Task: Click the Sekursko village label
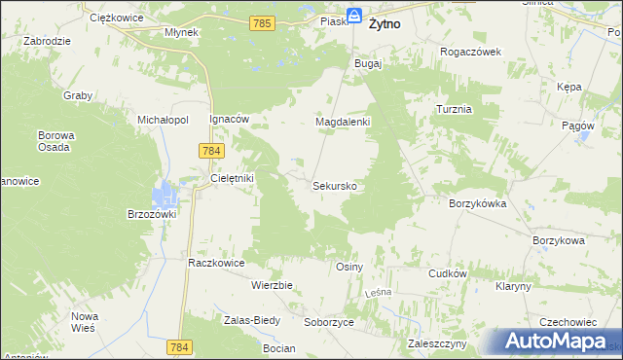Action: point(340,185)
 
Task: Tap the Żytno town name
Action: point(387,27)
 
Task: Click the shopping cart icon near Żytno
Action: point(356,16)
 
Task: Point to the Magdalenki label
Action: point(342,123)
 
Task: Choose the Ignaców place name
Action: point(230,119)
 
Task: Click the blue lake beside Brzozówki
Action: point(167,195)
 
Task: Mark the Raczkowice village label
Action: point(215,263)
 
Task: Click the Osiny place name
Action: point(348,267)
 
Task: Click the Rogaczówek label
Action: point(470,52)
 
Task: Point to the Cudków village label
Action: point(449,274)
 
